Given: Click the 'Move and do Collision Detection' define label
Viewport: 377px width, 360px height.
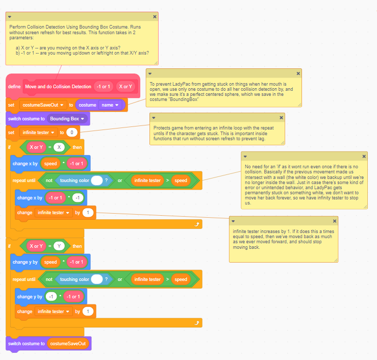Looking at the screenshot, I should click(58, 87).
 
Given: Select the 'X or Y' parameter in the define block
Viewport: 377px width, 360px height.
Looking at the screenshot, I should click(125, 87).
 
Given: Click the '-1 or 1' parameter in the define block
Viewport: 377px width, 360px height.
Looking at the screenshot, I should click(104, 87).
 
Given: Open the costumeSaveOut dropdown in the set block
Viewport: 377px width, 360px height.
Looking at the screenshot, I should click(42, 105).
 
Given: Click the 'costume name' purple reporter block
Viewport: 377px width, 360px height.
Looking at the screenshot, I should click(100, 105).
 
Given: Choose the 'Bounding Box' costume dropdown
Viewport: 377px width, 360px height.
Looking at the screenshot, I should click(67, 119).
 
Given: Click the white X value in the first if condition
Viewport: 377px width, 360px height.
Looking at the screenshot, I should click(60, 147).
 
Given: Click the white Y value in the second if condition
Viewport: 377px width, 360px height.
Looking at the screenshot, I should click(60, 246).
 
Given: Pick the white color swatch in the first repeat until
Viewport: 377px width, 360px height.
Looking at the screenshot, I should click(97, 181).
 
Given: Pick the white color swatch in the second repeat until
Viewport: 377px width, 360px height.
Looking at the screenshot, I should click(97, 279).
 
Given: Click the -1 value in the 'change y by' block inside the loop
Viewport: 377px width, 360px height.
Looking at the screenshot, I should click(51, 297).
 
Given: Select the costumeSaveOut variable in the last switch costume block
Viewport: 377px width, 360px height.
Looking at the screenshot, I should click(68, 344).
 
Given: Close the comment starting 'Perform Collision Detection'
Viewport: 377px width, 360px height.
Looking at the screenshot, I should click(155, 17).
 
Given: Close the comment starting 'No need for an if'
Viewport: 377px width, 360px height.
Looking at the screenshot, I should click(364, 157).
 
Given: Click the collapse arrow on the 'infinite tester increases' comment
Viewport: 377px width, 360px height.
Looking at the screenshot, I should click(233, 221).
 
